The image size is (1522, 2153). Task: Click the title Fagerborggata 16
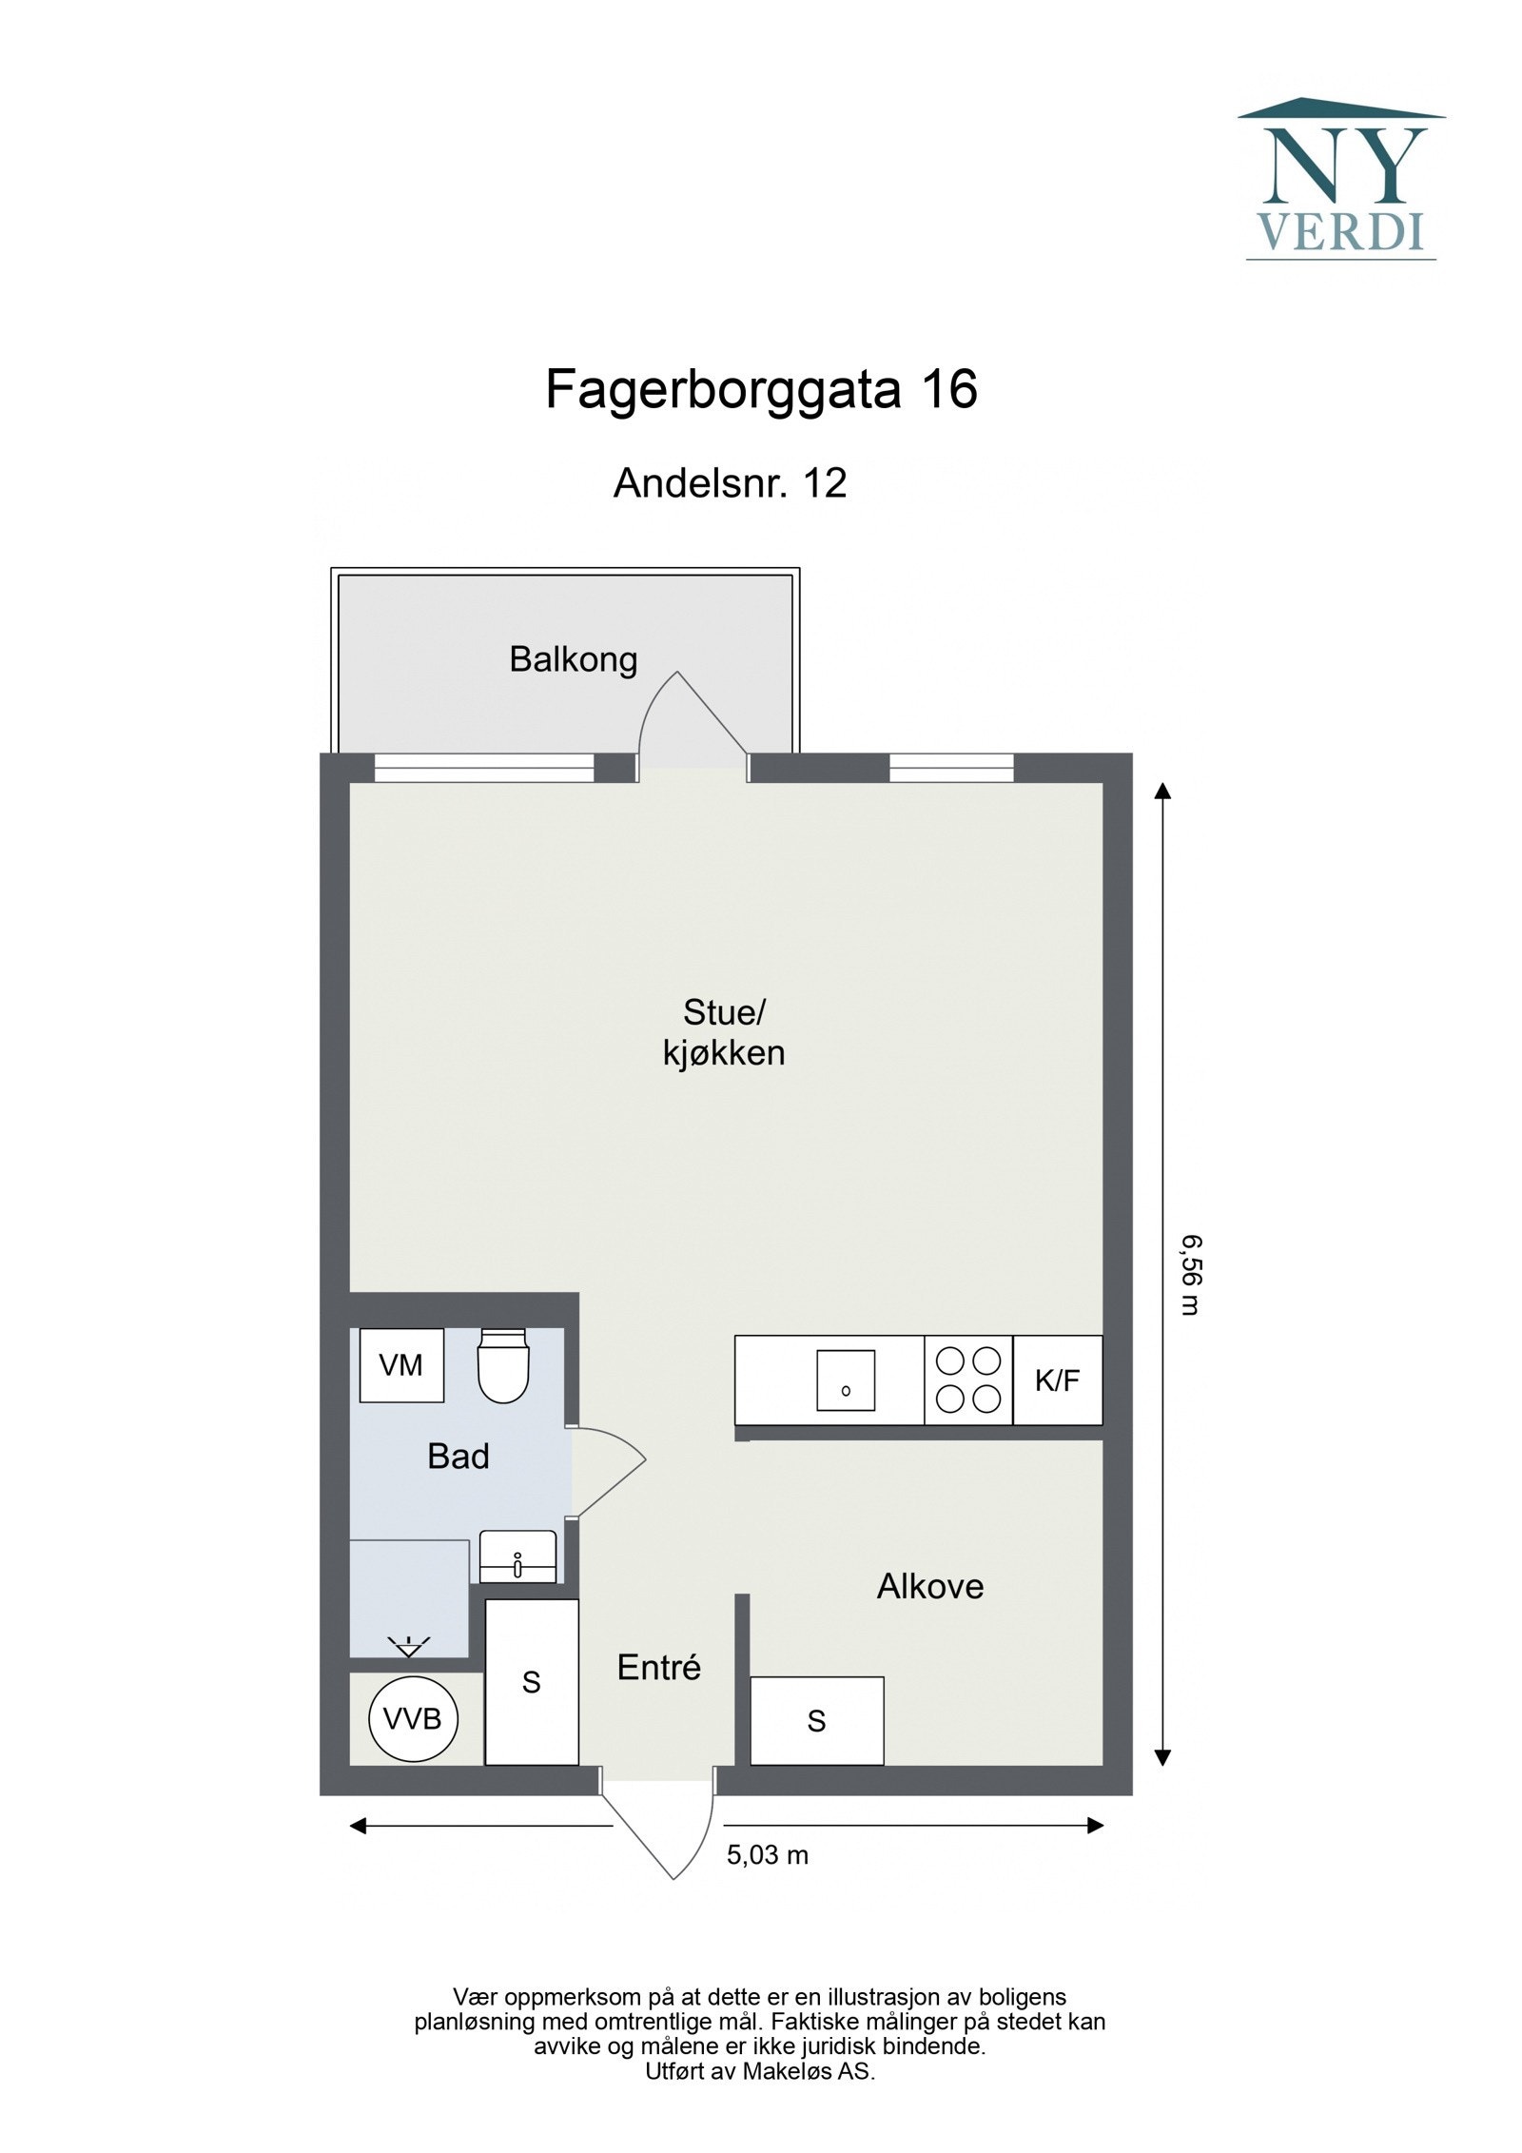click(x=760, y=390)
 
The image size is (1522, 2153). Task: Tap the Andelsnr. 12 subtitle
click(x=730, y=483)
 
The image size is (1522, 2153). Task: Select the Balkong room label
click(x=573, y=659)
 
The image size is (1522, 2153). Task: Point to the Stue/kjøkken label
click(x=724, y=1033)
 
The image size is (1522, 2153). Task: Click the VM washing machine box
click(x=400, y=1365)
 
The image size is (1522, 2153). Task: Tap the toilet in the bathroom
click(x=502, y=1366)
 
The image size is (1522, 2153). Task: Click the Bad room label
click(x=458, y=1457)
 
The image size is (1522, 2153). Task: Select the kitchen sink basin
click(x=845, y=1380)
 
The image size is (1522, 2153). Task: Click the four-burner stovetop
click(x=967, y=1380)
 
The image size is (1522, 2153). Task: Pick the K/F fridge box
click(x=1057, y=1380)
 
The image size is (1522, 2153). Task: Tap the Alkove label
click(x=929, y=1587)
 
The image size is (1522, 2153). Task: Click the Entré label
click(x=658, y=1668)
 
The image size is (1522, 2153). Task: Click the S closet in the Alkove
click(x=816, y=1721)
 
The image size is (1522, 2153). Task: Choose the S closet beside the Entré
click(x=531, y=1682)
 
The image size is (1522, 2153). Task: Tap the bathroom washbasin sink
click(x=517, y=1556)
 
